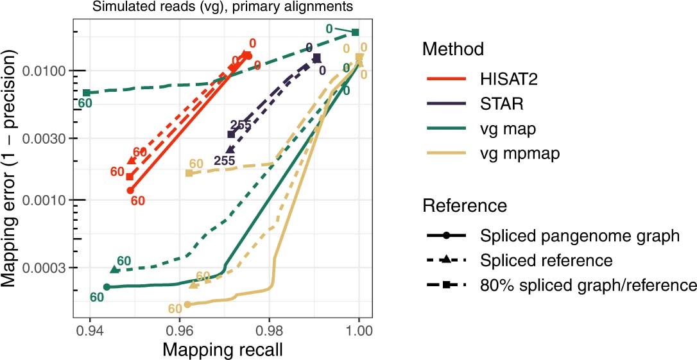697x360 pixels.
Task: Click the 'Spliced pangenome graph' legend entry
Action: pos(580,236)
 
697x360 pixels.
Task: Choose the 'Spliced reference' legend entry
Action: pos(546,261)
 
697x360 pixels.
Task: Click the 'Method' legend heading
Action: pos(453,49)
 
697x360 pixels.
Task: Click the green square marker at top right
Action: pos(355,32)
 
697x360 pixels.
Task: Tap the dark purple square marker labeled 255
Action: pos(231,134)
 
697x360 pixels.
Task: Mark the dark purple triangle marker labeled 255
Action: pos(230,150)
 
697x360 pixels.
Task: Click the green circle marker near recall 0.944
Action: pos(107,287)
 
